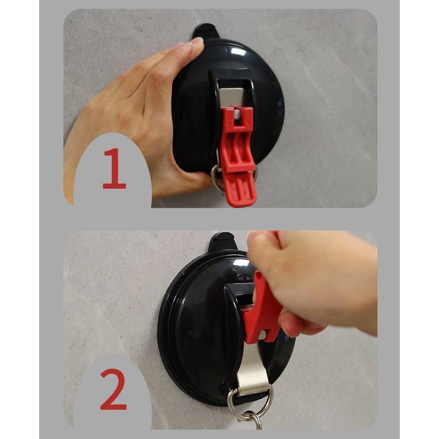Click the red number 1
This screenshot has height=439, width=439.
point(114,168)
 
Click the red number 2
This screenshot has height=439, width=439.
point(113,389)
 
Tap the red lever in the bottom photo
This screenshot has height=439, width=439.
point(263,308)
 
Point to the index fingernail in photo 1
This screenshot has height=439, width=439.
point(198,42)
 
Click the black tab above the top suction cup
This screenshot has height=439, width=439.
point(206,31)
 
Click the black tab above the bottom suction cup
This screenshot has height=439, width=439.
point(222,241)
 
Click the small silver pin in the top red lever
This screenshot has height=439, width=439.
point(237,113)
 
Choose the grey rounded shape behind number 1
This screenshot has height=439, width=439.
point(113,171)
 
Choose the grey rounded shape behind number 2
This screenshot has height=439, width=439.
point(113,392)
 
